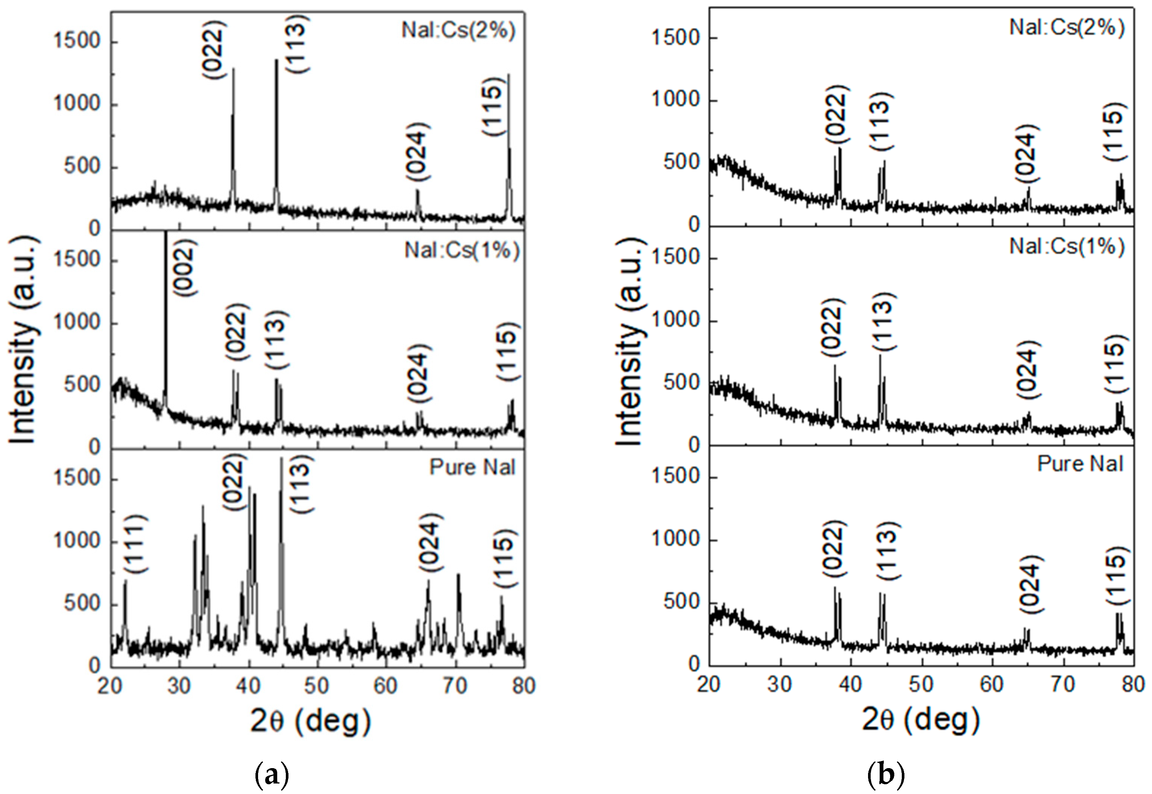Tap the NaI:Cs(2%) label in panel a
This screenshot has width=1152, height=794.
[x=458, y=30]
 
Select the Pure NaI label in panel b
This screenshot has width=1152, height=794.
[x=1080, y=464]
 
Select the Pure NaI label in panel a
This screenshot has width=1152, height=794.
[x=472, y=467]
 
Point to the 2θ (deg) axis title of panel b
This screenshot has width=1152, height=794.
[x=920, y=719]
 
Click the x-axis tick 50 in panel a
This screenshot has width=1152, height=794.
[x=317, y=686]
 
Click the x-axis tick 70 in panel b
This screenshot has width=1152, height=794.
[x=1063, y=684]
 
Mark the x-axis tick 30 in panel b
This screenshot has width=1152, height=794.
[x=779, y=684]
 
